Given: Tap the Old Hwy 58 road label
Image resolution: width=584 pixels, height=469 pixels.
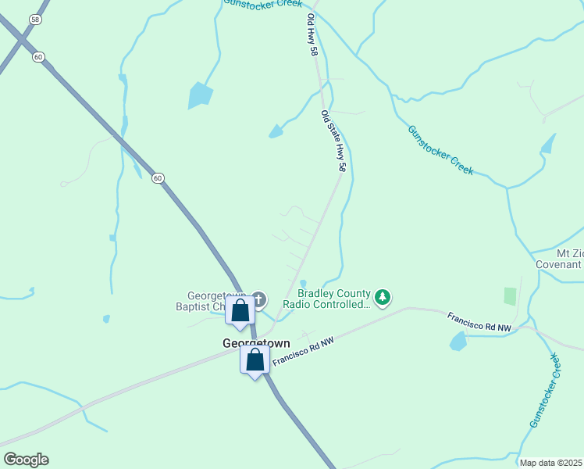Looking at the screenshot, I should point(312,34).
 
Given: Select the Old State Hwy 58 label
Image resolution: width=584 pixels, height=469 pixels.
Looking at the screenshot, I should point(333,141).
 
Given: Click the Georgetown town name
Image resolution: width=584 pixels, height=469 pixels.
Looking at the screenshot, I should point(256,343).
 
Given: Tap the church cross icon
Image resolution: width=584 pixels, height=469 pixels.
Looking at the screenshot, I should point(258,299).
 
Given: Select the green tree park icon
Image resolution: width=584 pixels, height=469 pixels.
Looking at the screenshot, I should point(382,297).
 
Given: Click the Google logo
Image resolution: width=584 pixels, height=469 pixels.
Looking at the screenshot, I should point(26,460).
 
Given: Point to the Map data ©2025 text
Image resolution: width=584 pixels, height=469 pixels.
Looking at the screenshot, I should point(551,463).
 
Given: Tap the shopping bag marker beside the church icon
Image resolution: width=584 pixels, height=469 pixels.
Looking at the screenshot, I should point(240,311).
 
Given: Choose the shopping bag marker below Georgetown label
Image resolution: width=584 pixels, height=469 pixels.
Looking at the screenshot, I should point(255,360).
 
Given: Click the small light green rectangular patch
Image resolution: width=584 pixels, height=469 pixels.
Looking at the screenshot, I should point(510,296).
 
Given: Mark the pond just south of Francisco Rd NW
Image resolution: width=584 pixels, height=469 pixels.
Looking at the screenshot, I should point(458,341).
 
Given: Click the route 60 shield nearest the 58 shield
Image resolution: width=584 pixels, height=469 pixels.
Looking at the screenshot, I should point(38,56).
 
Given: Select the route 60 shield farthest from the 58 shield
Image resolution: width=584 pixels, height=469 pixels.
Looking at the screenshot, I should point(158,178).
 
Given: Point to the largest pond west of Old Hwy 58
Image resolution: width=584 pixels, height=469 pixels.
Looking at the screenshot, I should point(200,95).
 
